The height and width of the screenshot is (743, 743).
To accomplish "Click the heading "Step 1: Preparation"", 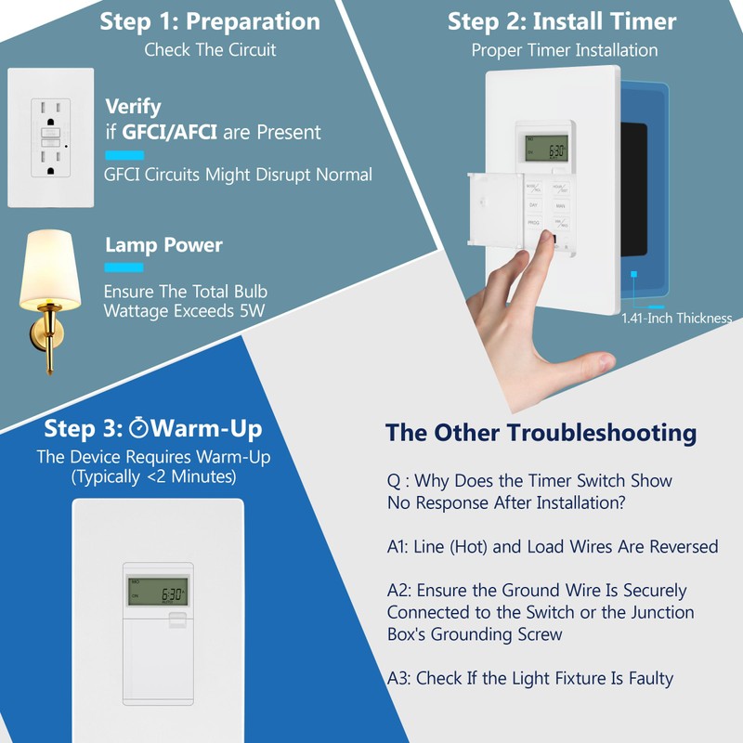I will pos(210,21).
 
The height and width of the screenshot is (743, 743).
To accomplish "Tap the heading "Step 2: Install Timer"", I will pos(562,21).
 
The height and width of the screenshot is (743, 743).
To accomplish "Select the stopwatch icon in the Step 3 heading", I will pos(139,428).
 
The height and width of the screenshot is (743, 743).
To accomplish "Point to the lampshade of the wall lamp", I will pos(50,270).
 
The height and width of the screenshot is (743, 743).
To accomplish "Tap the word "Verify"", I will pos(133,106).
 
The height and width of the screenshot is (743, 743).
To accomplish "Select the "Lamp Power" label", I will pos(163,245).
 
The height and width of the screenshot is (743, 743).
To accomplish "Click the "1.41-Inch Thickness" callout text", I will pos(676,319).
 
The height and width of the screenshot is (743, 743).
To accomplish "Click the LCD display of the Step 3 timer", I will pos(157,591).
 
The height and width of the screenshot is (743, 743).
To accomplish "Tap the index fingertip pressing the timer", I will pos(540,241).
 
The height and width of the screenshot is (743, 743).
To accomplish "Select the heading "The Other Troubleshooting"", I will pos(541,432).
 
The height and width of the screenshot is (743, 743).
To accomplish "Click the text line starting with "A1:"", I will pos(553,547).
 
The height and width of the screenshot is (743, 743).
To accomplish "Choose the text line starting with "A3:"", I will pos(529,678).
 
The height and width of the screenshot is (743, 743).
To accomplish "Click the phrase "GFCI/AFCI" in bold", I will pos(170,133).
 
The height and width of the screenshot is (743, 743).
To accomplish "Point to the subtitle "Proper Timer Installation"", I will pos(564,50).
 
